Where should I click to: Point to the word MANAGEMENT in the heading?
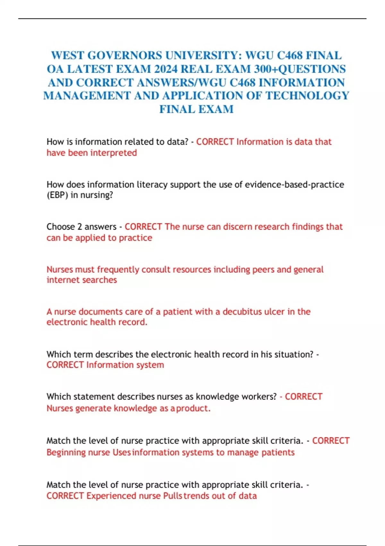coord(87,96)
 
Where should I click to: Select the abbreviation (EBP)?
coord(57,195)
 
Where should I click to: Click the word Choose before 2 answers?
coord(61,227)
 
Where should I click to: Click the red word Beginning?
coord(66,453)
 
